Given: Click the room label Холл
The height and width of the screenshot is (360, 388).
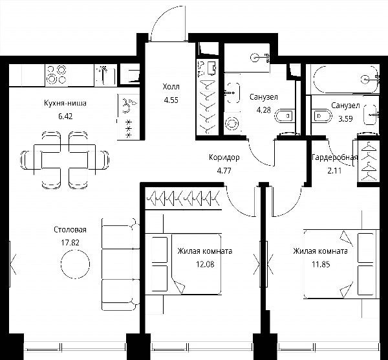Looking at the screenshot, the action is coord(171,87).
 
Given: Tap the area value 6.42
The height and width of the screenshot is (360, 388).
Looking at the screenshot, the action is coord(65,116).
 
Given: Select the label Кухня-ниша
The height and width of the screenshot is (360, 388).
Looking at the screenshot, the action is coord(65,103).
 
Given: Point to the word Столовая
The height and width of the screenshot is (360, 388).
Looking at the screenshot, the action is coord(70,230).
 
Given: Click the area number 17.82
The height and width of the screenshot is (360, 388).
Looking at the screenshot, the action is coord(70,243).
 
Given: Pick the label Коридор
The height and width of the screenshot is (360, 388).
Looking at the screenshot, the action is coord(224,157).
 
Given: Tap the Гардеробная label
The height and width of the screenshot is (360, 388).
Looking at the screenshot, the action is coord(334,157).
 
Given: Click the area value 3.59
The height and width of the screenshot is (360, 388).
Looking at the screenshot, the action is coord(345,119).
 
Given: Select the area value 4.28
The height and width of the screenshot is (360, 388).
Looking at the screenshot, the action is coord(264,110).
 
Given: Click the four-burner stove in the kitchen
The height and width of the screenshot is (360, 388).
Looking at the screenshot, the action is coord(56,75).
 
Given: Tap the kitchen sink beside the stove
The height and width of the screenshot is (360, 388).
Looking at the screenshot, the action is coord(105,75).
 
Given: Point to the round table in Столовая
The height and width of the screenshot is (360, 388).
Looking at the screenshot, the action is coord(75,264).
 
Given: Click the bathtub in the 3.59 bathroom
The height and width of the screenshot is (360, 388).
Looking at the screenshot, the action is coord(346,79).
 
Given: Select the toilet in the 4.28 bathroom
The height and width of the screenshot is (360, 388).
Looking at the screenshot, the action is coord(284,116).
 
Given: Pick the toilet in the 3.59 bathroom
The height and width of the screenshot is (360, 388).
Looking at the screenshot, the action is coord(321,116).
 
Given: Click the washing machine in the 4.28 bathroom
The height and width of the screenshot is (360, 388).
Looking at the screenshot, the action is coord(232,124).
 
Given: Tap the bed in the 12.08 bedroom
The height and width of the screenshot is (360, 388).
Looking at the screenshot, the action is coord(183,264).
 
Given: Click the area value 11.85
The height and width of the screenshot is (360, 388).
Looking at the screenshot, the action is coord(321,264).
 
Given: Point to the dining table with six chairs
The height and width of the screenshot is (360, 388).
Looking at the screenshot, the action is coord(65,160).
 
